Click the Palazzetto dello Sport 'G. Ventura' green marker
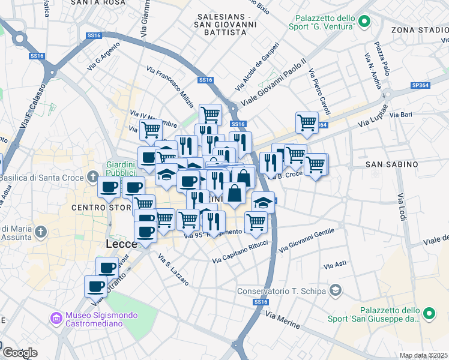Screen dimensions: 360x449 pos(364,22)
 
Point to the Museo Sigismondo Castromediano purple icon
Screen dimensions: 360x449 pos(56,318)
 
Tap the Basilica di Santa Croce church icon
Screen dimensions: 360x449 pos(92,177)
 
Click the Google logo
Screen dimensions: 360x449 pos(20,353)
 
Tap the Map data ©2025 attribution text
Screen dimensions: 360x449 pos(423,355)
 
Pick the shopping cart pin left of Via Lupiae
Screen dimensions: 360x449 pos(307,122)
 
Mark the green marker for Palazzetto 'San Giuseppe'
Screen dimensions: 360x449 pos(429,313)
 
